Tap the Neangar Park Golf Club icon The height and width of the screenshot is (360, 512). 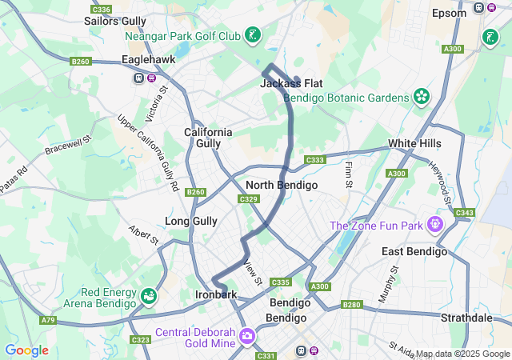tap(253, 35)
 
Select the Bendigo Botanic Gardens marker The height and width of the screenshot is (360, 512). tap(422, 97)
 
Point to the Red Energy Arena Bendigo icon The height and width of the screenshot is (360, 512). tap(148, 298)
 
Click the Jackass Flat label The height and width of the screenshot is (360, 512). tap(291, 83)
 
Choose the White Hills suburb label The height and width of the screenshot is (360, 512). tap(414, 143)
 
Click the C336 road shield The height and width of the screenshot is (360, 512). tap(101, 10)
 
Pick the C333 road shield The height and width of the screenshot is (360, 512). tap(315, 160)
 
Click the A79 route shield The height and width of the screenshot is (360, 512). tap(48, 320)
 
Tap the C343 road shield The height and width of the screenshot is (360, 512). tap(464, 213)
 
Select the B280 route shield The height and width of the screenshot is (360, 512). tap(351, 304)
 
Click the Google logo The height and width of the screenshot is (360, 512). tap(26, 350)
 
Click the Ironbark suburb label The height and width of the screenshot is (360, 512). tap(216, 295)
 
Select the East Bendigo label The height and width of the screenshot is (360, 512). tap(414, 251)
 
